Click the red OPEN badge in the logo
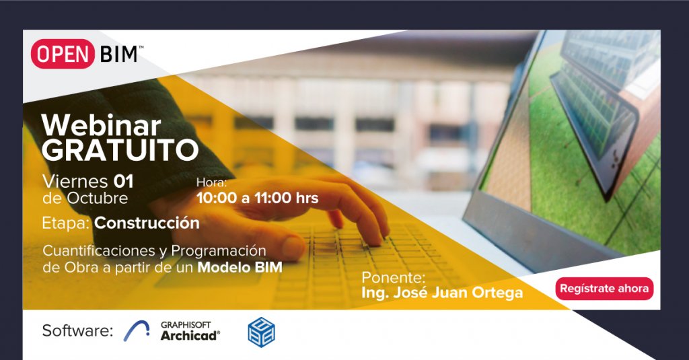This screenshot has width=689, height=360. point(63,54)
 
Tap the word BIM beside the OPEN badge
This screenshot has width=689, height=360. point(118,55)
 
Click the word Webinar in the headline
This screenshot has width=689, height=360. point(102,125)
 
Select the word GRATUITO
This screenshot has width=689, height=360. point(120,150)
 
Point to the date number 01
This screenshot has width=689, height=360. point(124,181)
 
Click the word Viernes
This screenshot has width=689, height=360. point(75,181)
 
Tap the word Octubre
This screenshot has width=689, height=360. point(97,199)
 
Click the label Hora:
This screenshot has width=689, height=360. point(211,182)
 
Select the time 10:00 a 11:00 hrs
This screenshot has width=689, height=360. point(258,198)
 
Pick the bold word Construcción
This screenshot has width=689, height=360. point(147,223)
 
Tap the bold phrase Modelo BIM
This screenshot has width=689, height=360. point(240,267)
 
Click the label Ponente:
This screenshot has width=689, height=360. point(393,278)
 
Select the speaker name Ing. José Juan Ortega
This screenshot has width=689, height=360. point(442,293)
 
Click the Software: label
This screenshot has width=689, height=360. point(77,330)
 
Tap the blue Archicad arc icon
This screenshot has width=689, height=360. point(137,331)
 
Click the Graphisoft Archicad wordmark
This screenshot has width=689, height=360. point(190,331)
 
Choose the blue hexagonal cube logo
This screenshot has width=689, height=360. point(262,332)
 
